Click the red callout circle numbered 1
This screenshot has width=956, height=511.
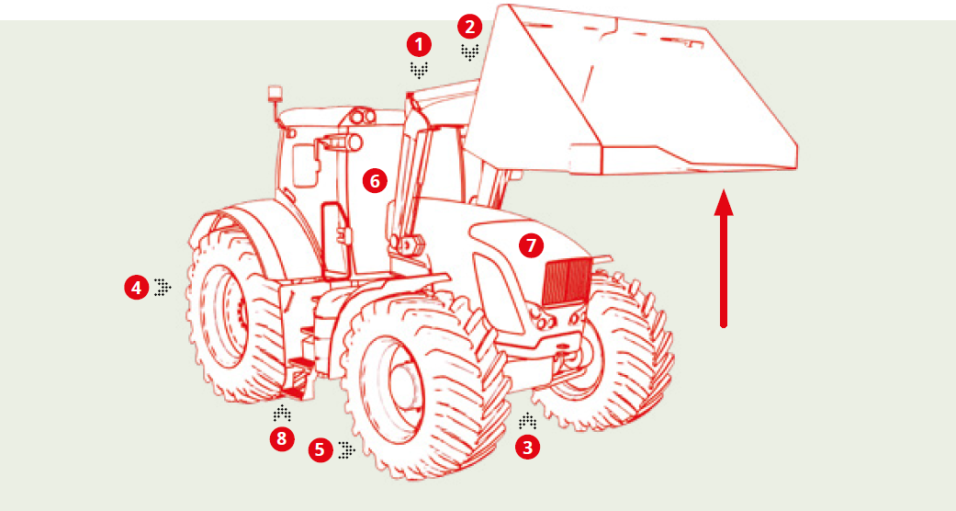tap(420, 43)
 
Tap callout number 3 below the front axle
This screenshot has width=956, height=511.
tap(526, 448)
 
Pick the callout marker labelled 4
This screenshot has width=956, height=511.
tap(136, 288)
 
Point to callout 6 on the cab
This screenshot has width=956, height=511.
tap(373, 180)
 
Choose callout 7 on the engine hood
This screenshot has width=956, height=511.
tap(531, 245)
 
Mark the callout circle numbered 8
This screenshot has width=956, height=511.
tap(282, 438)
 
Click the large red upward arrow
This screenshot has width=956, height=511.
tap(725, 257)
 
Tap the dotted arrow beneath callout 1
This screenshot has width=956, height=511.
tap(420, 70)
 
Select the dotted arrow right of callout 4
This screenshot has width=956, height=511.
tap(163, 288)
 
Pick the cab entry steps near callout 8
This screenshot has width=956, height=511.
tap(299, 372)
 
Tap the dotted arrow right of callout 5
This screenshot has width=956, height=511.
tap(346, 449)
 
